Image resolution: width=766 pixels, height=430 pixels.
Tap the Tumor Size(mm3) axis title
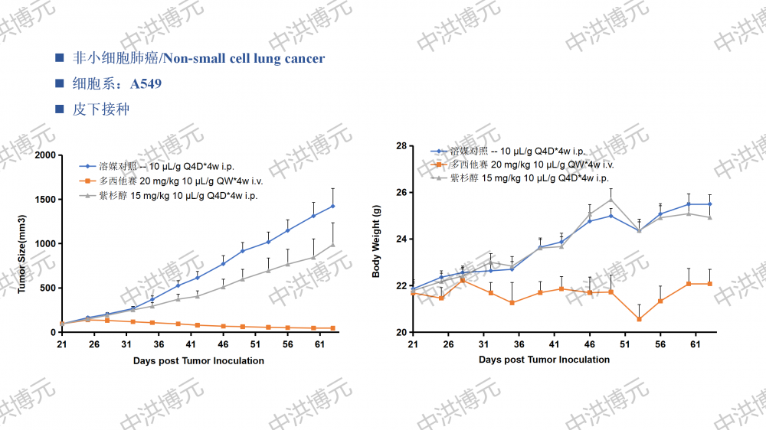coord(22,243)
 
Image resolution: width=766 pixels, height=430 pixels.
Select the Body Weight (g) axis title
coord(376,240)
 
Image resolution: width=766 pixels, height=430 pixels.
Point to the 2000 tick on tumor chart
coord(45,155)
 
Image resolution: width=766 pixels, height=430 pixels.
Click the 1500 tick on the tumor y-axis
coord(45,200)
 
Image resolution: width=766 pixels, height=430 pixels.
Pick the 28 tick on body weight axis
coord(401,146)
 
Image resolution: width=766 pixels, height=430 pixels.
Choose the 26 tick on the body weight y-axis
coord(401,193)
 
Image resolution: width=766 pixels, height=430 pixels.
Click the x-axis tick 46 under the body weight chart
coord(590,345)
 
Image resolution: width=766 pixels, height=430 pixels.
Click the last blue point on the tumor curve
coord(332,206)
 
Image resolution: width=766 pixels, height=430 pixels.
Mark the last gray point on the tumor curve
coord(332,245)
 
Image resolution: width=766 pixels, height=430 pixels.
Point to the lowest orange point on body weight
coord(639,319)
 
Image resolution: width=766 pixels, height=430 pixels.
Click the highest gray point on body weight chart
coord(611,200)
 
